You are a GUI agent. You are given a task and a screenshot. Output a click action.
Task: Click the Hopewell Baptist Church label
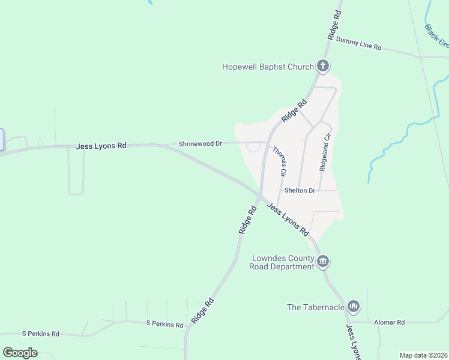[x=268, y=67]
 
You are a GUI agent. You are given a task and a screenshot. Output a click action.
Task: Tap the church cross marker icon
[x=323, y=66]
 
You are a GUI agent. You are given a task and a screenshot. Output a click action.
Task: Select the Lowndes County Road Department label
[x=282, y=262]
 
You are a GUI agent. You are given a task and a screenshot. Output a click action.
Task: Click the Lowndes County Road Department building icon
[x=323, y=261]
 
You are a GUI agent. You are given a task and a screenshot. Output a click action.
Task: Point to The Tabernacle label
[x=316, y=307]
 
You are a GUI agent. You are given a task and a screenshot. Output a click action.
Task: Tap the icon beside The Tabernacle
[x=354, y=307]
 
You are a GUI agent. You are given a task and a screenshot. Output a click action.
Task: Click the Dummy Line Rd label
[x=359, y=43]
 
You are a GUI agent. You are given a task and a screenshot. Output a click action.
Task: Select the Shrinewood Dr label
[x=200, y=144]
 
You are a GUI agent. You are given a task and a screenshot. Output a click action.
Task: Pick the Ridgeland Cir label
[x=325, y=152]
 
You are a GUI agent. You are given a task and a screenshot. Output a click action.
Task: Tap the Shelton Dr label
[x=300, y=191]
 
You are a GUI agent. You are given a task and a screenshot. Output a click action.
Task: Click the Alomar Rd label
[x=390, y=322]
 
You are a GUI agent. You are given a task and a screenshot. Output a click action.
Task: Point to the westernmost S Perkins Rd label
[x=41, y=334]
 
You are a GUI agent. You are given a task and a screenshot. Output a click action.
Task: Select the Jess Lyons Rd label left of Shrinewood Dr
[x=101, y=146]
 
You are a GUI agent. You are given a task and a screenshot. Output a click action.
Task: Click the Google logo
[x=20, y=353]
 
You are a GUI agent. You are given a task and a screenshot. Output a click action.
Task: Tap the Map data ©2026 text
[x=423, y=355]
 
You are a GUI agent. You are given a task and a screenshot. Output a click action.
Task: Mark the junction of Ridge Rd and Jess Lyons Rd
[x=259, y=195]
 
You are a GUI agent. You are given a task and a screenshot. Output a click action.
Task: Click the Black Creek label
[x=436, y=35]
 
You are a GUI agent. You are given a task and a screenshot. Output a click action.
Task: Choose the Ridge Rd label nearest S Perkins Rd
[x=203, y=311]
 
